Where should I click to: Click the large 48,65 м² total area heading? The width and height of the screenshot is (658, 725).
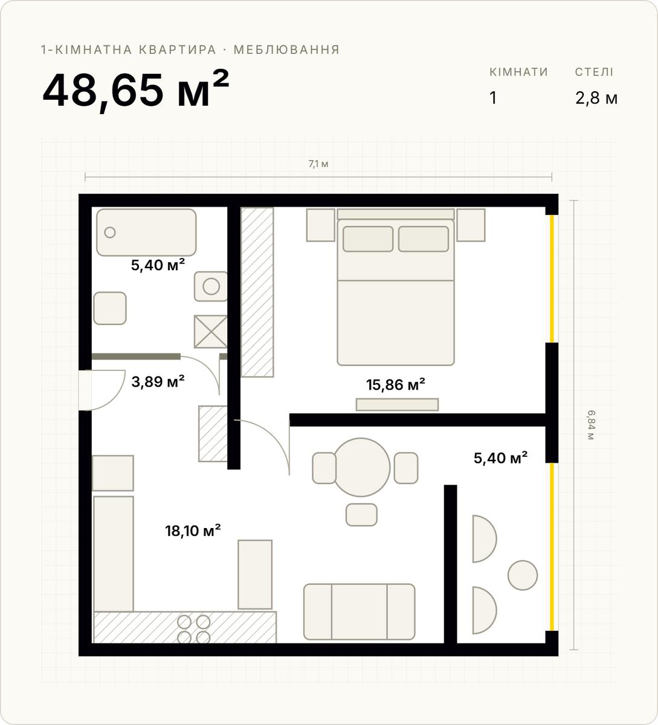point(136,89)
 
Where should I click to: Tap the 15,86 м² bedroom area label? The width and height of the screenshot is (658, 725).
point(395,384)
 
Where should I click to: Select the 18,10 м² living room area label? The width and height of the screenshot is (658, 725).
point(193,530)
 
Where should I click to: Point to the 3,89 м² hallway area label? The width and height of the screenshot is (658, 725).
point(158,381)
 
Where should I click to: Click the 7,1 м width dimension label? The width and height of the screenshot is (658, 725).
point(318,164)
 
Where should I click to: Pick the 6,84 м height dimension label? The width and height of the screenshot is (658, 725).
point(590,425)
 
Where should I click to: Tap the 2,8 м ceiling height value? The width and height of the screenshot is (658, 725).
point(596,98)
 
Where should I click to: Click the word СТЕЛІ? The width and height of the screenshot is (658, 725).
point(594,72)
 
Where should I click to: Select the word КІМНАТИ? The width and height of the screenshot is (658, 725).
point(518,72)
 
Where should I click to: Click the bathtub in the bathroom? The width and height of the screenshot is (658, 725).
point(146,232)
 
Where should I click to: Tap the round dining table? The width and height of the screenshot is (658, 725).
point(361,467)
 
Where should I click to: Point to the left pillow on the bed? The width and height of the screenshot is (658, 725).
point(368,239)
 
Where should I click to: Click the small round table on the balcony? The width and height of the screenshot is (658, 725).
point(523,575)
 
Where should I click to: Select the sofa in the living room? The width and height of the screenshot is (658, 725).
point(359,612)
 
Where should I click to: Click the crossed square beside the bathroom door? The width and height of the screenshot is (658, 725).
point(210,332)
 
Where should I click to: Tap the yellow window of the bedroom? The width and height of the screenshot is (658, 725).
point(552,279)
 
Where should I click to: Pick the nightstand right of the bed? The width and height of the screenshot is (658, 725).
point(471,225)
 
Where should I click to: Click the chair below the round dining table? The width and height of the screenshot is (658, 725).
point(361,515)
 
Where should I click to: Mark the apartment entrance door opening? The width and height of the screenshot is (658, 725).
point(85,390)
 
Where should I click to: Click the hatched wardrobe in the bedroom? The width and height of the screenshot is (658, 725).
point(257,292)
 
